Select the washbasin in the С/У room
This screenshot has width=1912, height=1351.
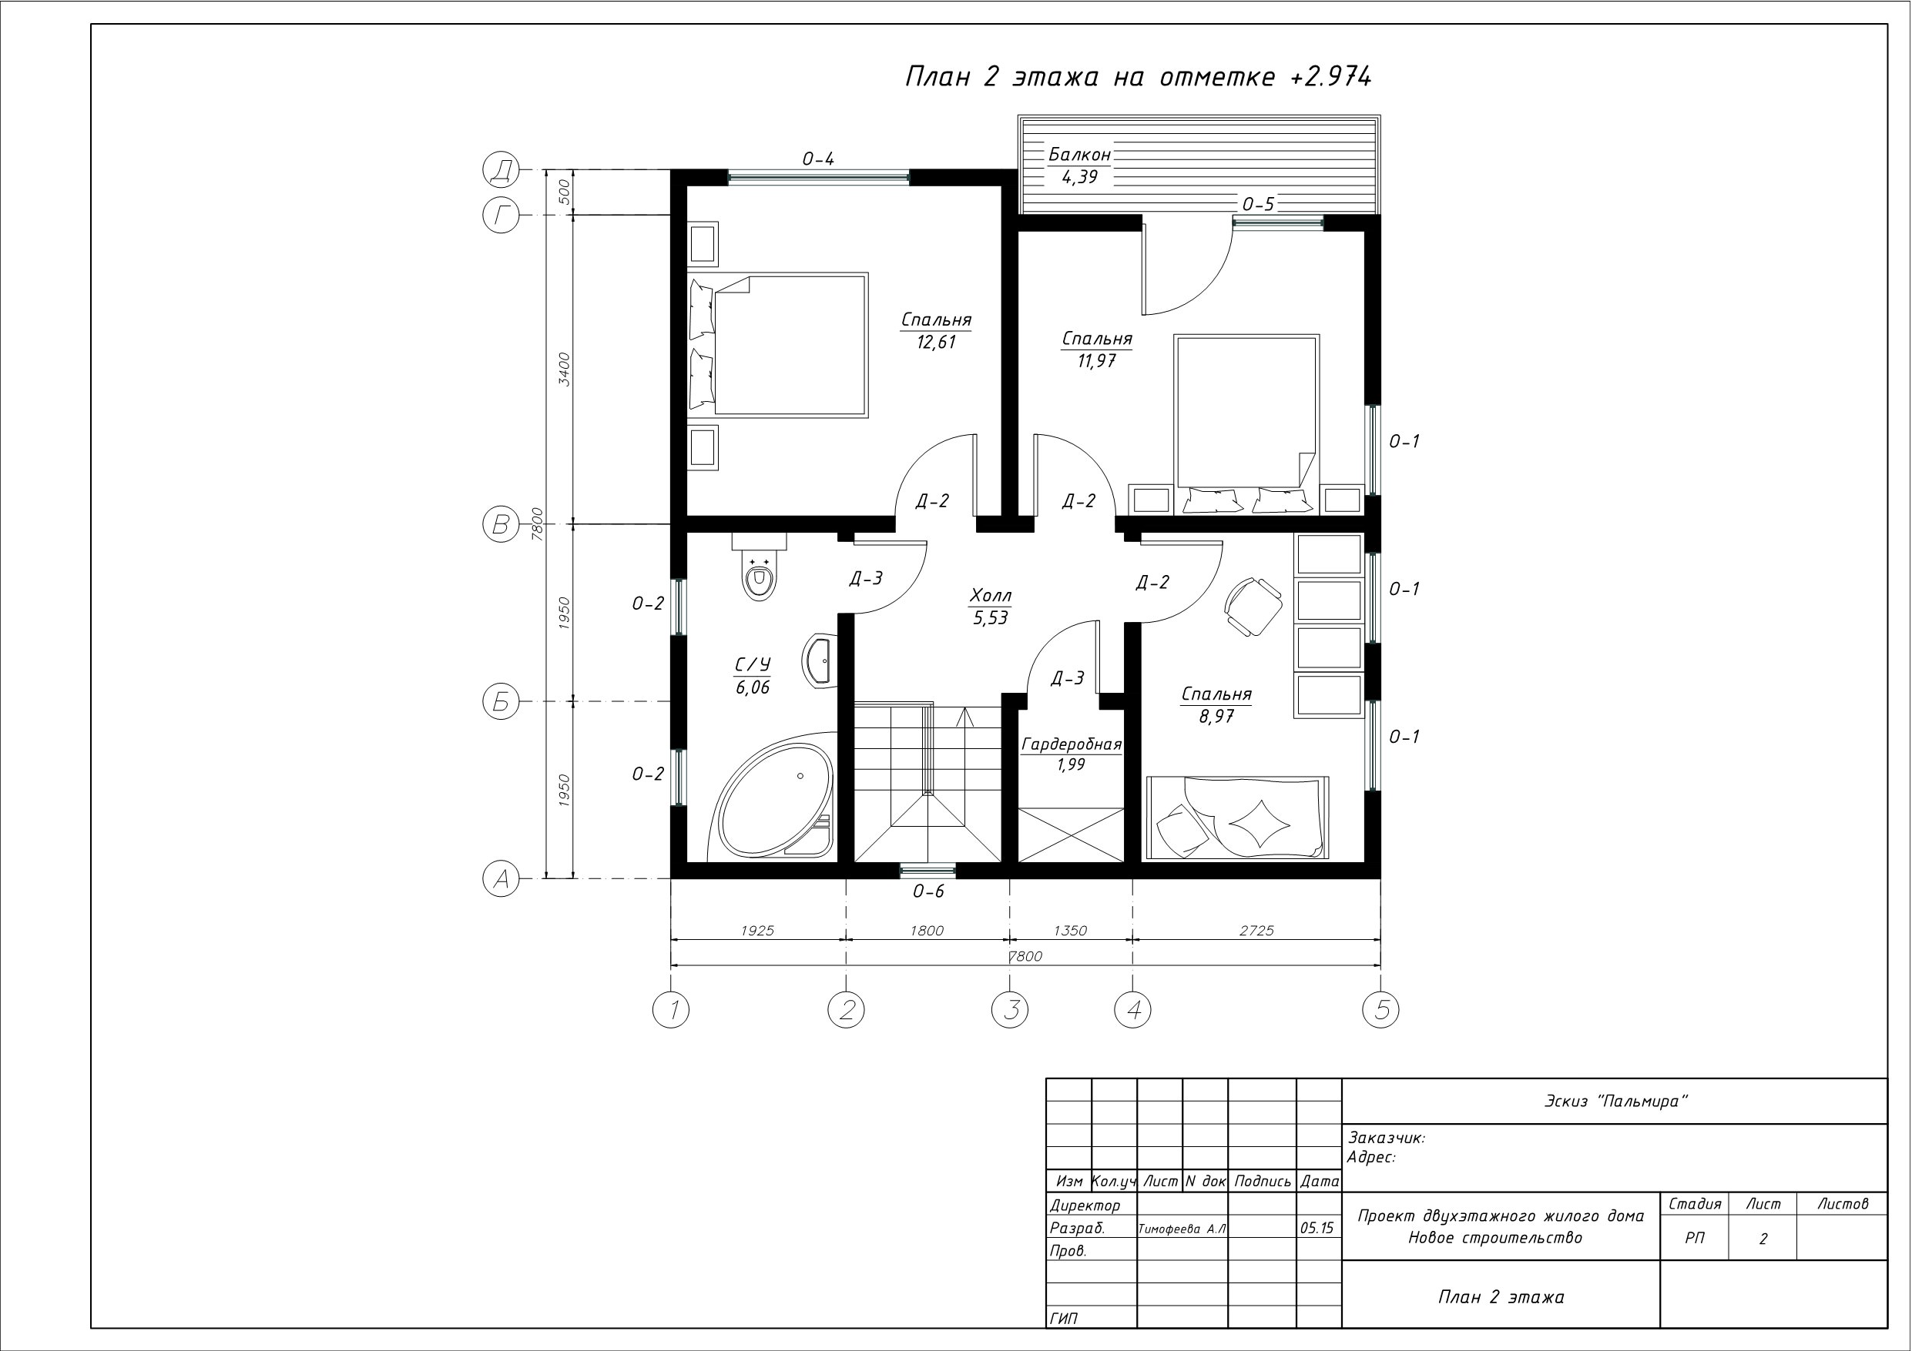click(820, 662)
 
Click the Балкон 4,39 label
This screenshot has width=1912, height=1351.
click(1079, 166)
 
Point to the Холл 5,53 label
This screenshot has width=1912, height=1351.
click(991, 606)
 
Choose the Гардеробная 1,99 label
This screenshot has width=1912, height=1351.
click(1072, 754)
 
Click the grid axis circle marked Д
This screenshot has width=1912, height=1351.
click(501, 171)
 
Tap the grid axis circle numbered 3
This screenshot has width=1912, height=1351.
click(1010, 1010)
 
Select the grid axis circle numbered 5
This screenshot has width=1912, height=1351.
click(1380, 1010)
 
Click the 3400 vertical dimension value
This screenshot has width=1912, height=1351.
click(565, 369)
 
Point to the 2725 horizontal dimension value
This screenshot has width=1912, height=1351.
click(1256, 931)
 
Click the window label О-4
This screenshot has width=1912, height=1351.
click(818, 159)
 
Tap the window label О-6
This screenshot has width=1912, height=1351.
click(928, 891)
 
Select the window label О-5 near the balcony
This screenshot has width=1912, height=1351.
click(1258, 204)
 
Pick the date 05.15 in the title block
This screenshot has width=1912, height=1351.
click(1317, 1228)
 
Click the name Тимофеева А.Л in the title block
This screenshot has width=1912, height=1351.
click(1182, 1229)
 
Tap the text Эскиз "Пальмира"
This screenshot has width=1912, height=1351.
click(1615, 1102)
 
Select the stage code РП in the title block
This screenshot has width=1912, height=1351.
click(1695, 1239)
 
